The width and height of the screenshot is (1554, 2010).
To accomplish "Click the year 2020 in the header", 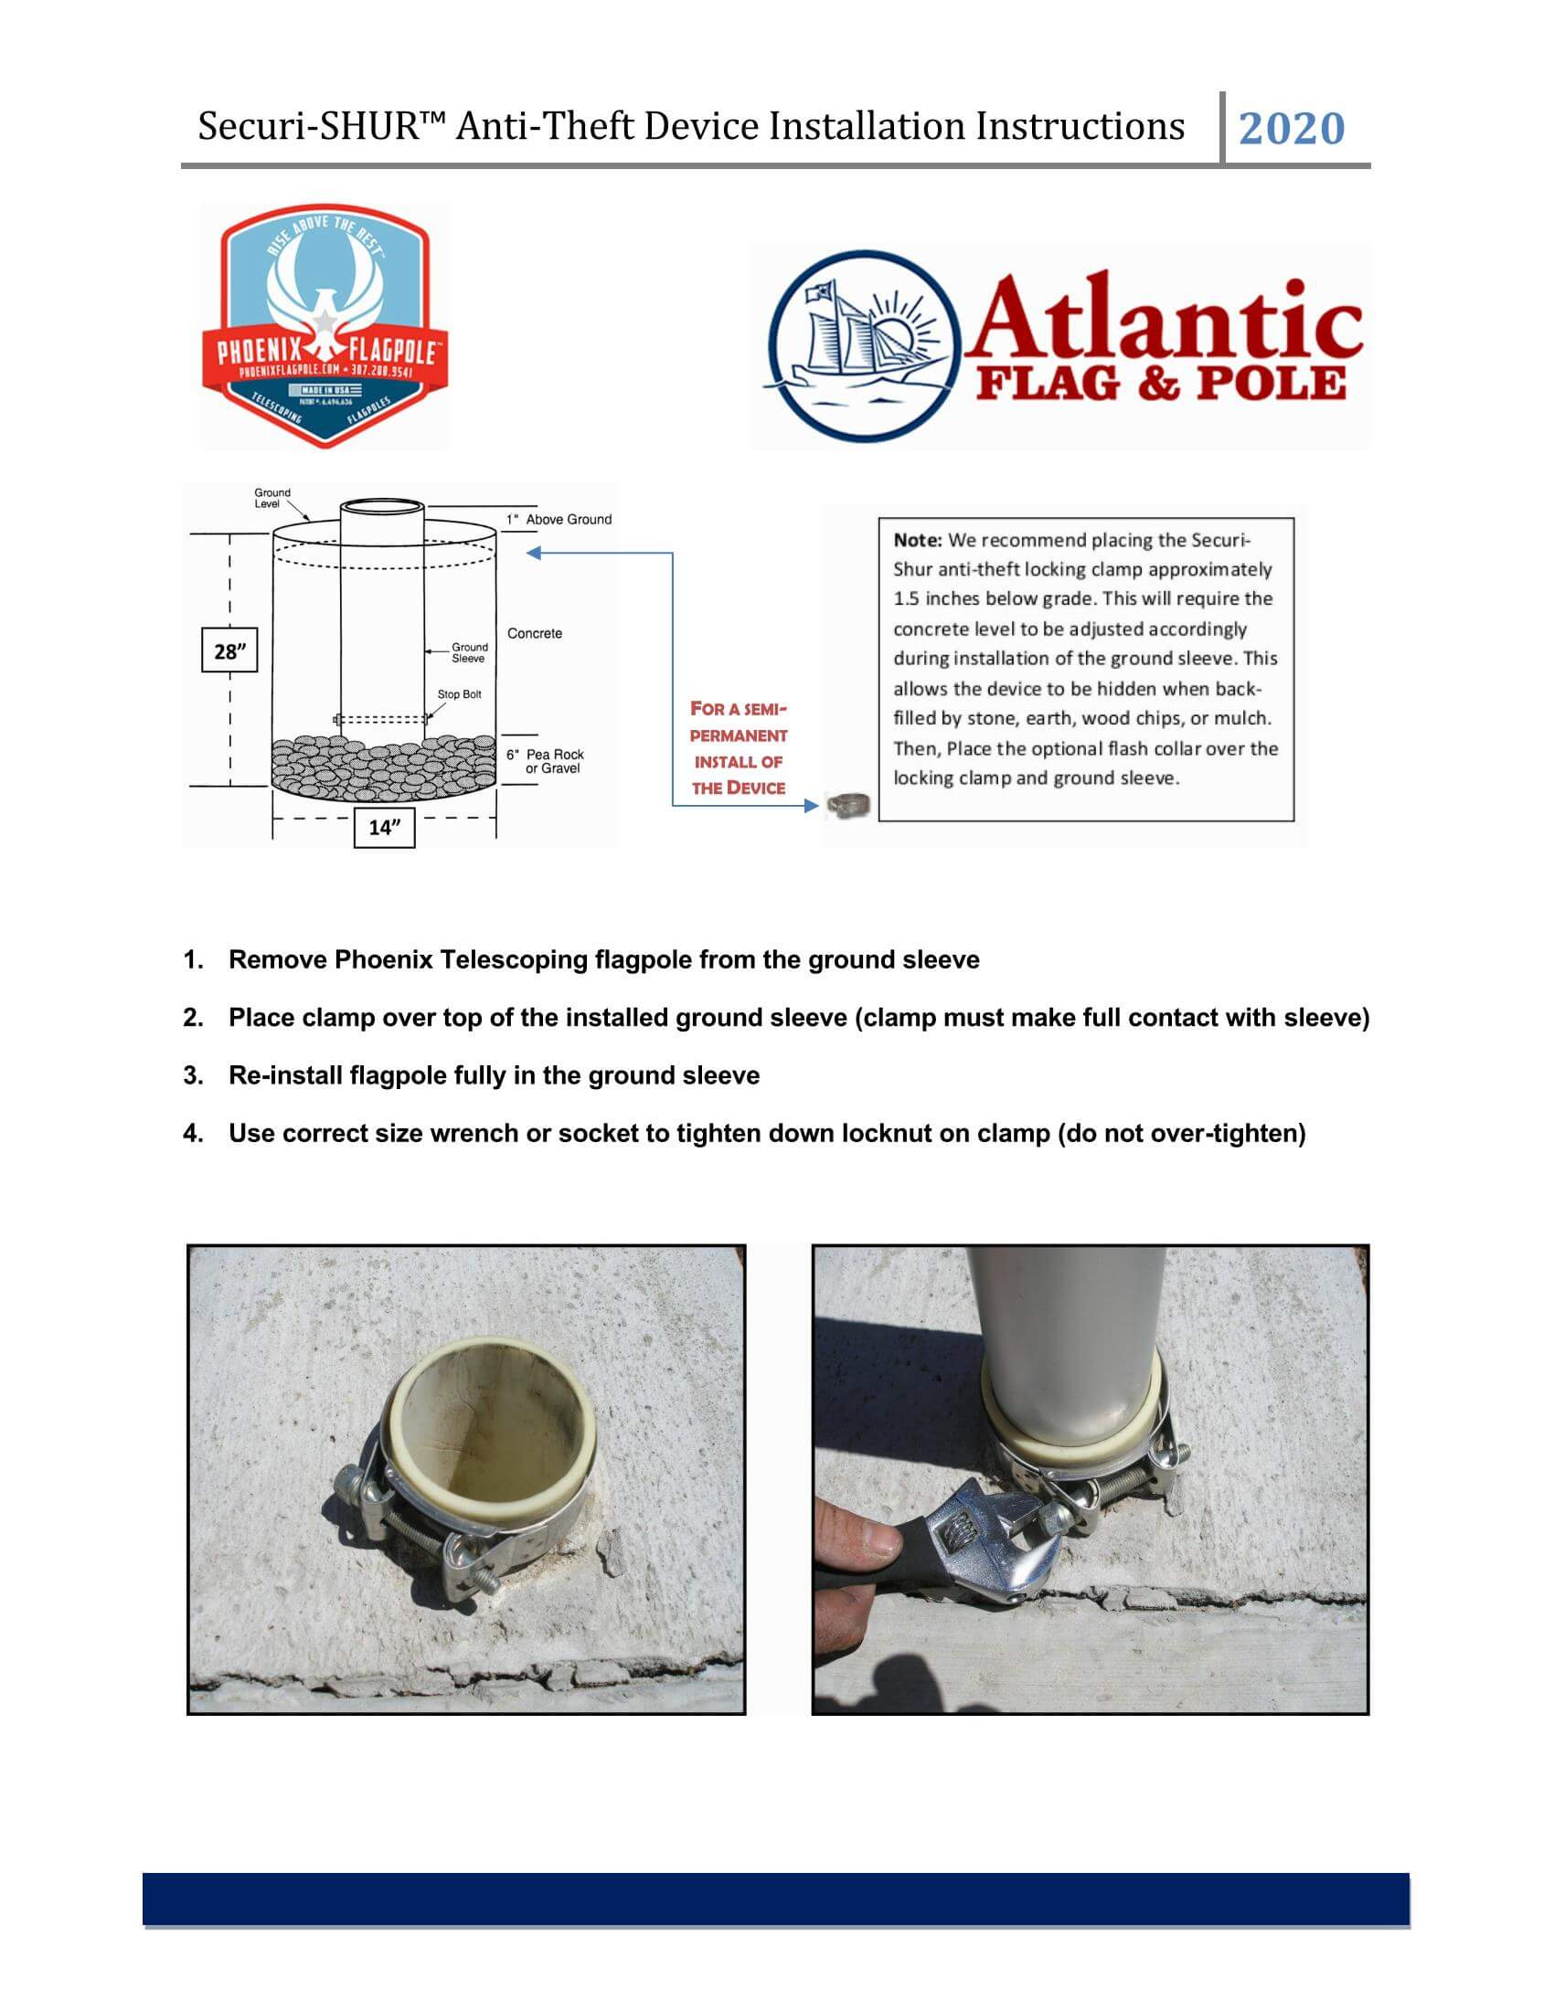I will pos(1291,129).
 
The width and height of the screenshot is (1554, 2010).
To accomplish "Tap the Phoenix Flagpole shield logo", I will pos(325,325).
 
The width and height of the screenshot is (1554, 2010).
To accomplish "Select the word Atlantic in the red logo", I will pos(1162,317).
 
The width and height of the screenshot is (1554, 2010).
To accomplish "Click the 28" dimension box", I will pos(229,651).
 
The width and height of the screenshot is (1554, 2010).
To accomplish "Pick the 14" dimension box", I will pos(385,828).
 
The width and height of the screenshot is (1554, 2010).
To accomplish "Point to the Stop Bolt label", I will pos(459,694).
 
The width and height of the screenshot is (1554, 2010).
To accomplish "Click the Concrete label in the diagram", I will pos(534,633).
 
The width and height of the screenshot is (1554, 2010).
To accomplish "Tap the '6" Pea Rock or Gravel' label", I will pos(545,761).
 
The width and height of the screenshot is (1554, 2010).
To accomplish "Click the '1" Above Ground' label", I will pos(559,519).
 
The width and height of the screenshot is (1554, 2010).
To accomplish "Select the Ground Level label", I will pos(271,498).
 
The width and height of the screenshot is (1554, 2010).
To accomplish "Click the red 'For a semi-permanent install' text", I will pos(739,747).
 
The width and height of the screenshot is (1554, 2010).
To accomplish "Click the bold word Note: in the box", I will pos(917,540).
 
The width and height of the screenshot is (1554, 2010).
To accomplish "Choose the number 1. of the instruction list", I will pos(192,960).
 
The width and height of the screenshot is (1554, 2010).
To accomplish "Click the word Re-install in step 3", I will pos(284,1076).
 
